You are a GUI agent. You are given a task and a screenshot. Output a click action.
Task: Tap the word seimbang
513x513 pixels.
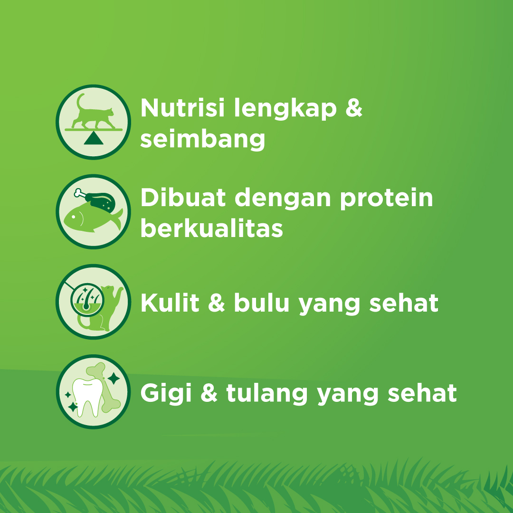click(x=203, y=139)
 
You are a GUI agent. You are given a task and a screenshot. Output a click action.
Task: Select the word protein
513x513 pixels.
click(x=386, y=198)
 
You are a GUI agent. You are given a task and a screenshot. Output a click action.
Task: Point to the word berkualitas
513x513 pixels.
click(x=212, y=229)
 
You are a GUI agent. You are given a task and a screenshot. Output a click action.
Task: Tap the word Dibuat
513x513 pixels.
click(x=182, y=198)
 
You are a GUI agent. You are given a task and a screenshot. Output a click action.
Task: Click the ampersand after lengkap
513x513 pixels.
click(x=353, y=109)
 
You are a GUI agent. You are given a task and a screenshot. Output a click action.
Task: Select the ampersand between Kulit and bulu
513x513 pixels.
click(x=216, y=303)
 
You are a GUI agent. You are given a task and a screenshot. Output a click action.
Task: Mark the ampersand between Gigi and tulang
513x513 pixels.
click(x=209, y=393)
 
